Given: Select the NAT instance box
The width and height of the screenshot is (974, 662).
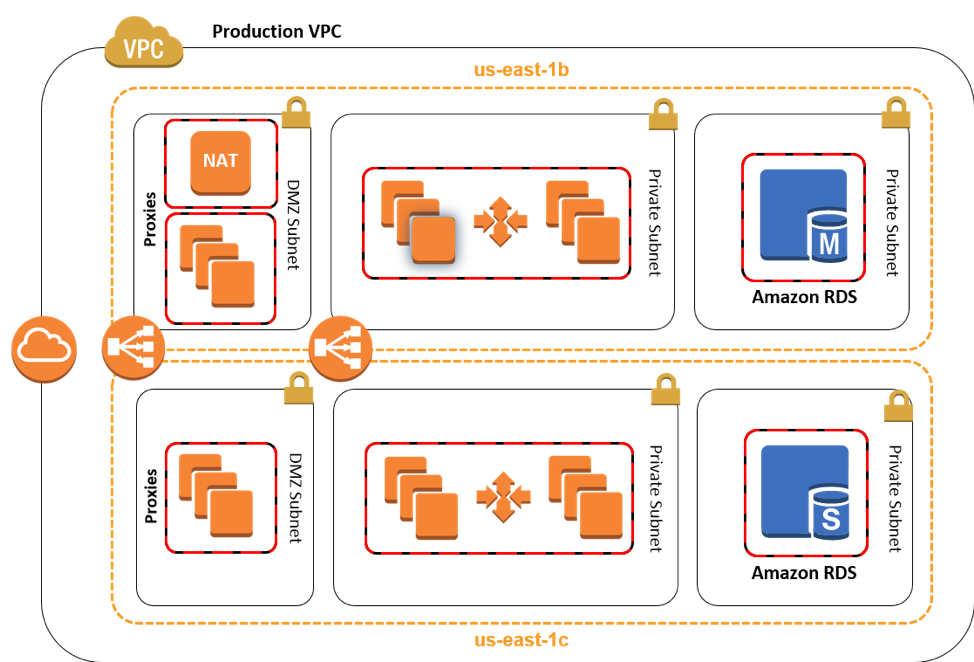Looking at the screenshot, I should coord(220,161).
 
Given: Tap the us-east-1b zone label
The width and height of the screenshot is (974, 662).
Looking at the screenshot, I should coord(521,70).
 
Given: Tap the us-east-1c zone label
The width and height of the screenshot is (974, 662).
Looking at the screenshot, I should coord(521,640).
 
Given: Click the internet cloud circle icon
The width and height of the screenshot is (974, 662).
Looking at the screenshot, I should coord(44,348).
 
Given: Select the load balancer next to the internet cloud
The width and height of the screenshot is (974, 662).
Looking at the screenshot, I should coord(134,348).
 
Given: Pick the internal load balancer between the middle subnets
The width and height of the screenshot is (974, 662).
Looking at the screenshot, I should coord(340,348).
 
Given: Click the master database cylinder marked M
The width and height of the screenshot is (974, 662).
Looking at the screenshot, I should coord(828,238).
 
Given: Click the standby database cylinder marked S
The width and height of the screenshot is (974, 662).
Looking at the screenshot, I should coord(830,514).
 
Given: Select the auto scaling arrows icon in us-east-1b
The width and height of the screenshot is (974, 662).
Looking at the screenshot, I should coord(500,221).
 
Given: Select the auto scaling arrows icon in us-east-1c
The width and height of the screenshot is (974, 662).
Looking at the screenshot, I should coord(503,496).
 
